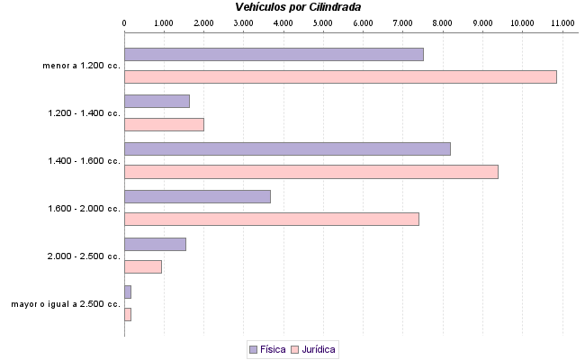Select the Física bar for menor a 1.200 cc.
[x=274, y=54]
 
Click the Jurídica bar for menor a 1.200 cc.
[x=340, y=76]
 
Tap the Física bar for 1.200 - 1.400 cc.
[x=157, y=101]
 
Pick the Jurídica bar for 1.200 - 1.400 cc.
[x=164, y=124]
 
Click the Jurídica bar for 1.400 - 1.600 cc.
[x=310, y=172]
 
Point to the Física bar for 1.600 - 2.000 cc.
[x=197, y=196]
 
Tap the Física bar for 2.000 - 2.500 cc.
[x=155, y=244]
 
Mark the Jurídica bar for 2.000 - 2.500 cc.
[x=143, y=266]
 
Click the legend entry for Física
[x=267, y=348]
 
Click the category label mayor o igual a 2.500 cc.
[x=66, y=304]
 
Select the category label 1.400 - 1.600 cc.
[x=85, y=161]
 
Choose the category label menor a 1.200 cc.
[x=81, y=66]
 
